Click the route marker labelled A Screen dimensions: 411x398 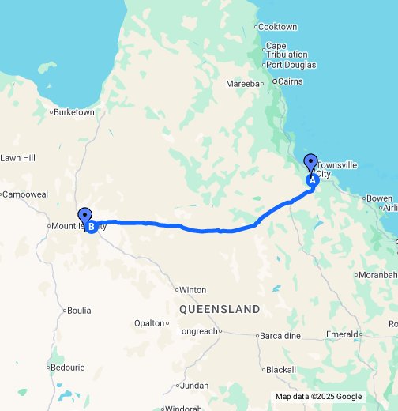[x=311, y=179]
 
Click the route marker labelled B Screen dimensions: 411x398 [x=92, y=227]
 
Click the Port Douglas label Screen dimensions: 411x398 [x=291, y=65]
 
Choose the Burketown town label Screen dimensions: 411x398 [x=74, y=112]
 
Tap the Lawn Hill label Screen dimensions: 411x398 [x=18, y=158]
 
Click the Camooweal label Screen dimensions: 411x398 [x=26, y=194]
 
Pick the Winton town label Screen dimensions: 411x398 [x=193, y=289]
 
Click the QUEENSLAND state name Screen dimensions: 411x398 [x=220, y=309]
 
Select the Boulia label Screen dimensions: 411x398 [x=80, y=310]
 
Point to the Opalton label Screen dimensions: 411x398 [x=149, y=323]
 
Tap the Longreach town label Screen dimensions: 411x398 [x=197, y=331]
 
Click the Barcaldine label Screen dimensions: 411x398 [x=283, y=335]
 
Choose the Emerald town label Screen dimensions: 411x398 [x=341, y=334]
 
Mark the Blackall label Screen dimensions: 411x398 [x=280, y=369]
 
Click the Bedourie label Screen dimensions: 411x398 [x=67, y=367]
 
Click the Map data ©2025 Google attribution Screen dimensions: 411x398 [x=318, y=397]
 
